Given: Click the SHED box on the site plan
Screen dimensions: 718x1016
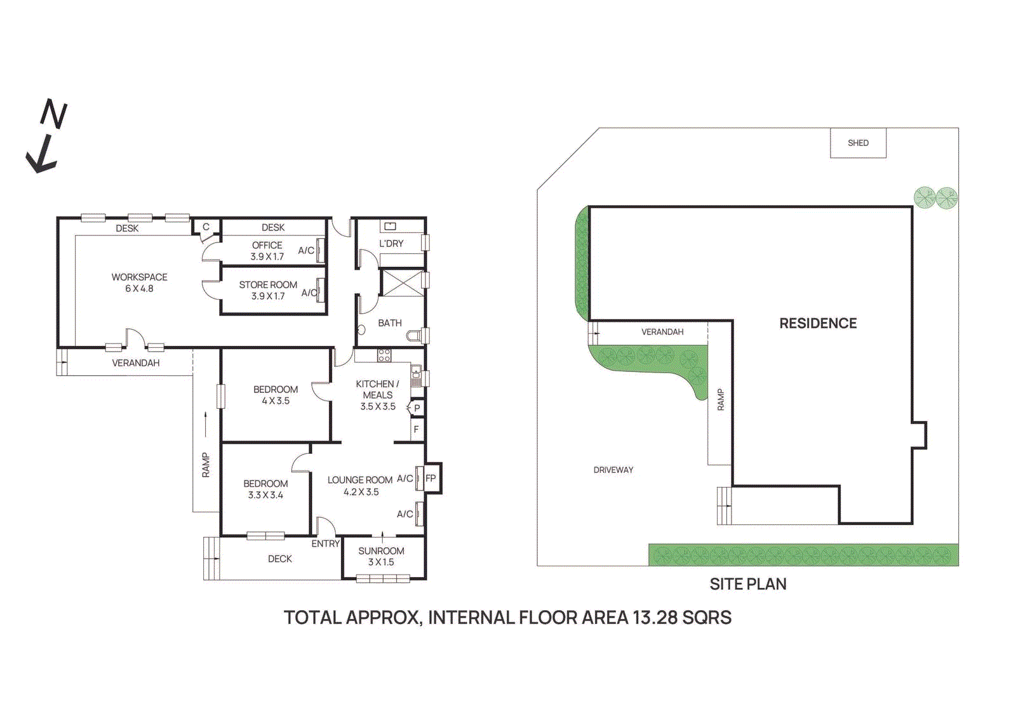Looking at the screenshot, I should point(858,143).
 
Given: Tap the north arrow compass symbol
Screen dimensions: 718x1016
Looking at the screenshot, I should point(46,136).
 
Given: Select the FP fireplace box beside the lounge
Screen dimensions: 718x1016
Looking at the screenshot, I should point(431,478).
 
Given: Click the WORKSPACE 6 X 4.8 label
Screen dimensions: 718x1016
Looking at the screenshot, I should point(139,283).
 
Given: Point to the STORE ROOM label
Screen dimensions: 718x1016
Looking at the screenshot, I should point(268,285).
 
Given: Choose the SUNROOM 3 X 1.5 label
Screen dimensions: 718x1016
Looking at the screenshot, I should point(381,556).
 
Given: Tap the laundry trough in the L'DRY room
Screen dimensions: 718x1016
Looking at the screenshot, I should point(390,226).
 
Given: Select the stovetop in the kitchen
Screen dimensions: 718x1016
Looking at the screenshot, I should point(384,356).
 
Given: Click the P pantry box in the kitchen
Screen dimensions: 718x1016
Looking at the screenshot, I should point(417,408).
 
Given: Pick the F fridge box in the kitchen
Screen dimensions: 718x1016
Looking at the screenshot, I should point(417,430).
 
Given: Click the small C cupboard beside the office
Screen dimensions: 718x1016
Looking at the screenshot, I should point(206,227).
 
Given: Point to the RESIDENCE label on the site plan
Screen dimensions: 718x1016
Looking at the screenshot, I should point(818,323).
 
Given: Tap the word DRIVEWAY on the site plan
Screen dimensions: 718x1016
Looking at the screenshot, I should point(613,470).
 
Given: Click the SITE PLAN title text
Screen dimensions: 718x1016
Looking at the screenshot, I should point(747,584).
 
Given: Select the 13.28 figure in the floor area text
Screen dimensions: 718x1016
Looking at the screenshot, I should point(655,617).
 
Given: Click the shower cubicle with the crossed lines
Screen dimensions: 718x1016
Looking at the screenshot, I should point(401,283).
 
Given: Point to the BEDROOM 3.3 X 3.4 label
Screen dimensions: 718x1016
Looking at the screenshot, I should point(265,489).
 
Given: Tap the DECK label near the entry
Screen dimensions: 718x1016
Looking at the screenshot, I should point(279,559).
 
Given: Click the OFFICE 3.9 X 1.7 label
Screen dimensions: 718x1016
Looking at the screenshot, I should point(267,251).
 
